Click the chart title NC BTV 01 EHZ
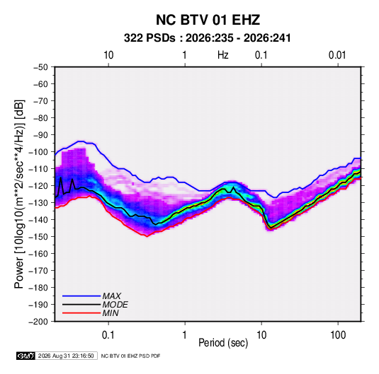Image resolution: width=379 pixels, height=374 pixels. coord(208,20)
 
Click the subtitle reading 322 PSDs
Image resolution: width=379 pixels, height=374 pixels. coord(149,38)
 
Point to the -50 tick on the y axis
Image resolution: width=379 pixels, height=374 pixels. coord(40,67)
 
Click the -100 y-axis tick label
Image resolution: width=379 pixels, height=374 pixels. coord(38,152)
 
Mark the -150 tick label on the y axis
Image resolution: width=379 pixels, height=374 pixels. coord(38,236)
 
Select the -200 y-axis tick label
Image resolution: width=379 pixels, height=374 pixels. coord(38,322)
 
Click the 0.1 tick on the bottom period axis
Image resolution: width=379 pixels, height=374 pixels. coord(108,335)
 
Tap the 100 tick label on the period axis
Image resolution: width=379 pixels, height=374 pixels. coord(338,335)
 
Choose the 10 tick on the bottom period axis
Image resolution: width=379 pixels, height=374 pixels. coord(261,335)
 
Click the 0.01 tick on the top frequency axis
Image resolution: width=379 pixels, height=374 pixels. coord(337,55)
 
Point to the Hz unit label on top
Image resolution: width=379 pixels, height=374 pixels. coord(223,55)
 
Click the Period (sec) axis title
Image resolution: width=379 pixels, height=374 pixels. coord(223,343)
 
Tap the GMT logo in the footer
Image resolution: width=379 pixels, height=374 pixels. coord(26,356)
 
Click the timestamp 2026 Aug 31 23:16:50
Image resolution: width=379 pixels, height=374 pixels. coord(66,356)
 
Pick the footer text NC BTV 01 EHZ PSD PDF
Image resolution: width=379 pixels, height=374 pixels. coord(130,356)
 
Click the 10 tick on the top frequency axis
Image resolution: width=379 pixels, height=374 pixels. coord(108,55)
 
